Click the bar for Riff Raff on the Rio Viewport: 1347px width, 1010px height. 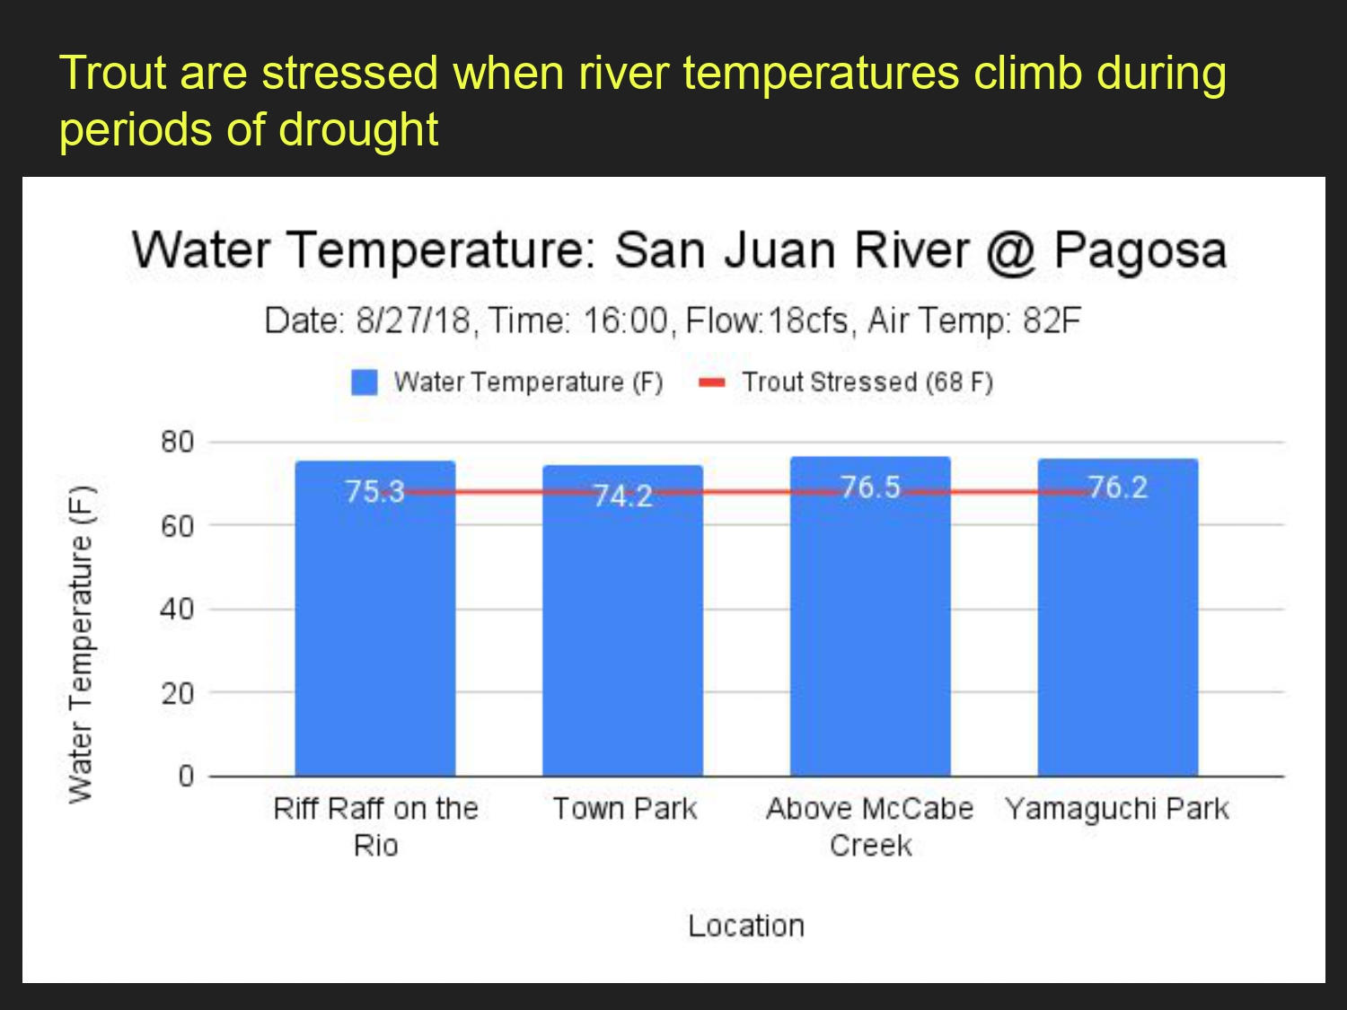click(375, 619)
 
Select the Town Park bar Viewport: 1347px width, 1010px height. click(623, 620)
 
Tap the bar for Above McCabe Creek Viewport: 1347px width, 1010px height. click(870, 616)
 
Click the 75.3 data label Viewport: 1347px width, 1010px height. click(375, 491)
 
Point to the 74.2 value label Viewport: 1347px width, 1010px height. click(623, 496)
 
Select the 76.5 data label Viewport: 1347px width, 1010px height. click(870, 487)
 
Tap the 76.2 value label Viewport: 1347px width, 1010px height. click(1118, 487)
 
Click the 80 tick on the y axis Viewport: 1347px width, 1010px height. click(177, 442)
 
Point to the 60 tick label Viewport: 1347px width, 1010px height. click(177, 525)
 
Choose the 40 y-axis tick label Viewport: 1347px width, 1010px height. click(177, 609)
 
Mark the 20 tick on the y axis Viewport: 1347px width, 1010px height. click(177, 693)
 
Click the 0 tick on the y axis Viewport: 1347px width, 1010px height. click(186, 777)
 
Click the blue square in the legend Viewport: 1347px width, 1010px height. click(364, 382)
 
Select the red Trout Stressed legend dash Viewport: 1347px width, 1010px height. click(712, 382)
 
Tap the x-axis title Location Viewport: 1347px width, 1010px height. click(746, 926)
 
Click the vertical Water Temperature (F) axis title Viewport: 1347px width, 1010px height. click(81, 645)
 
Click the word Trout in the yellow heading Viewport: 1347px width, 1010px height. click(113, 73)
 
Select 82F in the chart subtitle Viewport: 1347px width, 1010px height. click(1052, 321)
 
